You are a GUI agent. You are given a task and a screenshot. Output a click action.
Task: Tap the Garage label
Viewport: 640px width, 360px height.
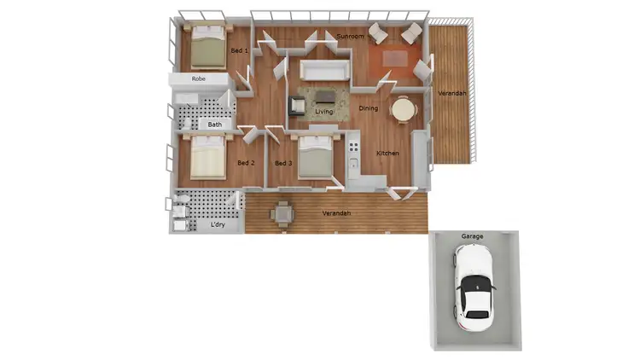pos(472,235)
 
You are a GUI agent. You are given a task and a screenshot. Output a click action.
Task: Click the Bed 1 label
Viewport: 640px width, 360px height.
pos(240,51)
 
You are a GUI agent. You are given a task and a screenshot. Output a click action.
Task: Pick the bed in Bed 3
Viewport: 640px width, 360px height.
pos(314,156)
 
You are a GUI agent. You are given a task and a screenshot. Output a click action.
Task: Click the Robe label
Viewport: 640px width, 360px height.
pos(199,78)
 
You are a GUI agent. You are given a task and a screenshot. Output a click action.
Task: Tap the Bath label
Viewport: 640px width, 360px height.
pos(215,125)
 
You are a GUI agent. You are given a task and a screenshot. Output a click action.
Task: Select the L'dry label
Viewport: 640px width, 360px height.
pos(218,225)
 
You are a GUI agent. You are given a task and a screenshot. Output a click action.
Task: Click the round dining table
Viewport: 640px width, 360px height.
pos(402,109)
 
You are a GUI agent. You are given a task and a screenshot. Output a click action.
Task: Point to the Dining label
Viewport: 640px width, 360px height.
pos(368,108)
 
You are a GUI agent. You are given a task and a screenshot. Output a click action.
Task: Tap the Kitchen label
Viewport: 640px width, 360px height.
pos(388,153)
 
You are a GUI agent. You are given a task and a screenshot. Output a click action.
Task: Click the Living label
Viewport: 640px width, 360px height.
pos(324,112)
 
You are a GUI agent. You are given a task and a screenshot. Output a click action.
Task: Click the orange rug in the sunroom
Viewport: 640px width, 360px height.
pos(396,59)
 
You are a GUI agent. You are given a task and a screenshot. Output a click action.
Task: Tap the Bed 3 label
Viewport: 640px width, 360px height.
pos(283,163)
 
